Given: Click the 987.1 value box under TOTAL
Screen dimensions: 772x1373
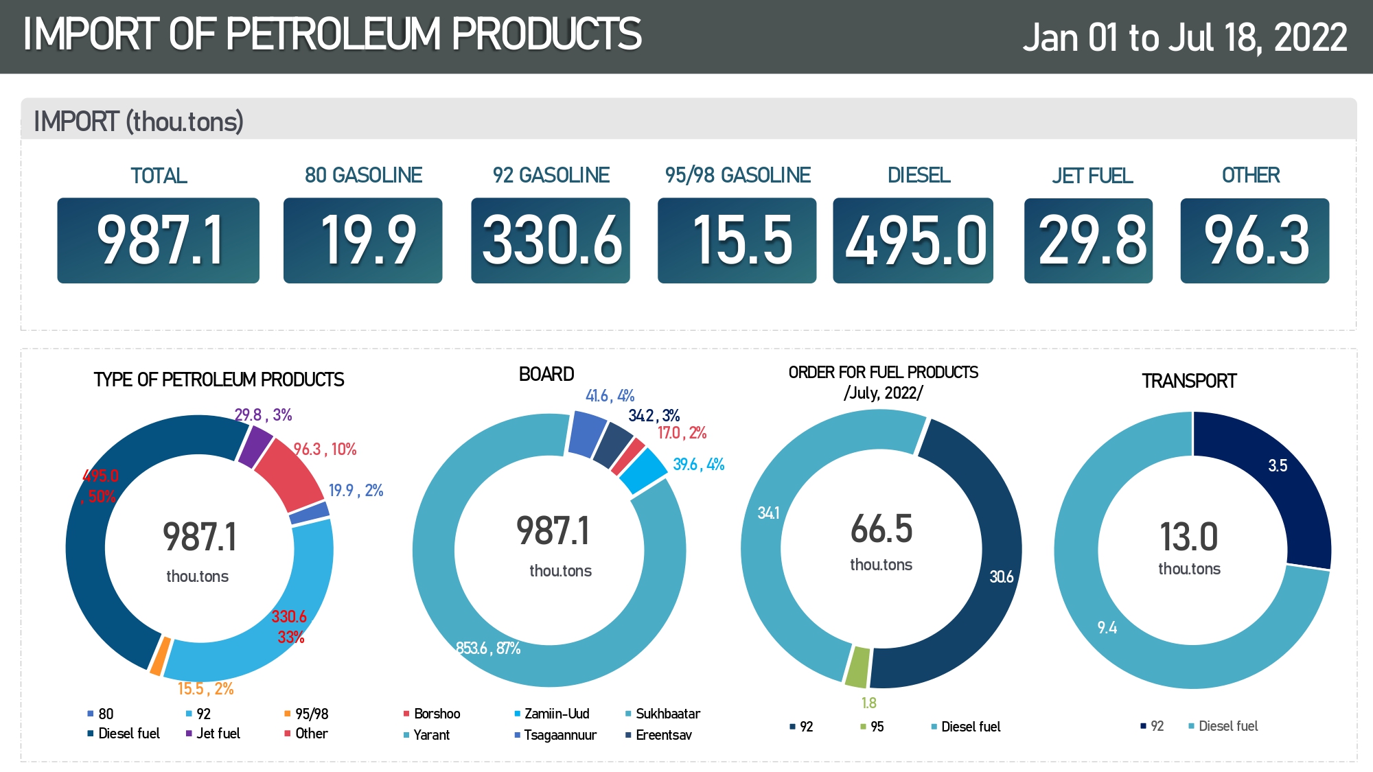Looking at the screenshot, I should click(x=159, y=240).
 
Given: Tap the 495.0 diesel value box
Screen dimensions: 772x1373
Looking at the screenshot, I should click(x=913, y=240).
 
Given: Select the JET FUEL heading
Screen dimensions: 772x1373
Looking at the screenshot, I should click(x=1092, y=176).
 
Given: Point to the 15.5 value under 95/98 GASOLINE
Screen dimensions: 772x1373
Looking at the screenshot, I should click(x=737, y=240).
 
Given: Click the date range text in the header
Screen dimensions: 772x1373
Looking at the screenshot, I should click(x=1185, y=37).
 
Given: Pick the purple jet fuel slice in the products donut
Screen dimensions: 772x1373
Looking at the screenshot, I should click(x=255, y=445).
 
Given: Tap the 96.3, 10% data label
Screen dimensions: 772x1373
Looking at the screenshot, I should click(x=325, y=449).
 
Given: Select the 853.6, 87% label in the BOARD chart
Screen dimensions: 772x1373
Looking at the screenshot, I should click(x=488, y=648).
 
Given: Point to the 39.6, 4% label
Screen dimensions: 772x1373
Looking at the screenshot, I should click(x=698, y=465).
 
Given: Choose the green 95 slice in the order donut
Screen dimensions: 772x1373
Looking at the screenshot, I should click(x=857, y=667).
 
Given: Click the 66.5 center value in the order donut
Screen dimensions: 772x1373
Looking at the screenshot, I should click(x=881, y=529).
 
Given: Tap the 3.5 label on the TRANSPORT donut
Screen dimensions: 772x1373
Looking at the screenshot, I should click(x=1278, y=466).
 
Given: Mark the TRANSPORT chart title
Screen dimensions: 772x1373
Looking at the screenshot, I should click(x=1189, y=381).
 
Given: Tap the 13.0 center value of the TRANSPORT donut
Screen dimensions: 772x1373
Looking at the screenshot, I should click(x=1189, y=537).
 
